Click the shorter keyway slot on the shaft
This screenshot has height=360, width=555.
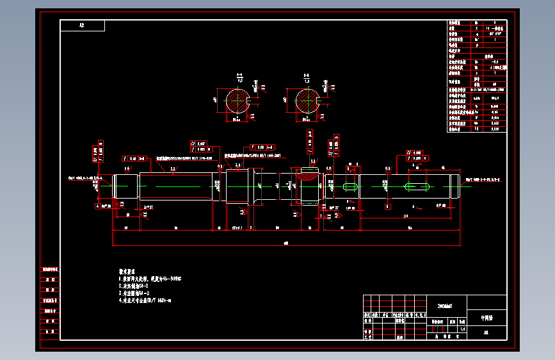pos(351,186)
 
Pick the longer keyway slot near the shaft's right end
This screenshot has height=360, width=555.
pos(416,186)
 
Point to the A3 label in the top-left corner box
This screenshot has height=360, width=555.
pos(82,26)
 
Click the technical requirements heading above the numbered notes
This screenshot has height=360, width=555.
pos(128,272)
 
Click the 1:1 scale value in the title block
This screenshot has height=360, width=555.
pos(462,329)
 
